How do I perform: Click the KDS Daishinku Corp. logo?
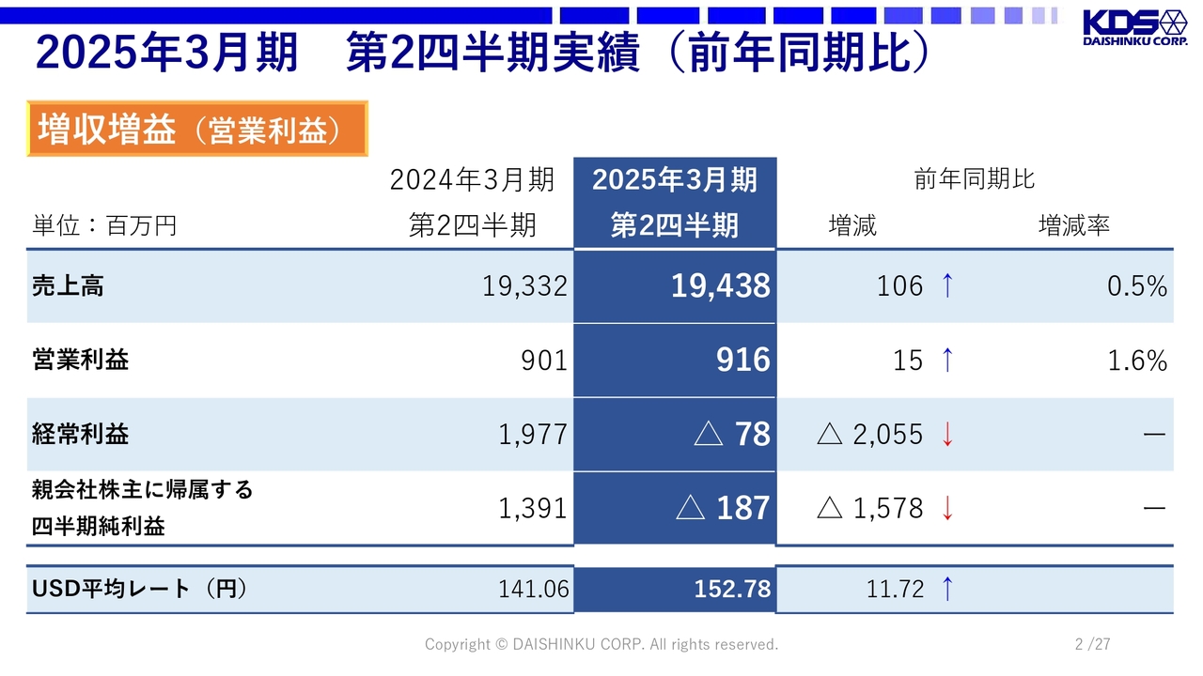point(1134,28)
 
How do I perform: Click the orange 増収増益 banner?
point(196,130)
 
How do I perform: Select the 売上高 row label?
point(68,286)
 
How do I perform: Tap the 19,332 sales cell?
point(524,286)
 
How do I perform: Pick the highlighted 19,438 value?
point(720,286)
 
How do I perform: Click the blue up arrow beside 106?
point(946,286)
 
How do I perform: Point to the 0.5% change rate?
point(1136,286)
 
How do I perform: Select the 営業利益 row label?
point(80,360)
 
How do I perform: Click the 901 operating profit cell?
point(544,361)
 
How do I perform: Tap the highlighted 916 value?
point(742,361)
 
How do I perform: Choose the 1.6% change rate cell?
point(1136,361)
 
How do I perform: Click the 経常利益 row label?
point(80,434)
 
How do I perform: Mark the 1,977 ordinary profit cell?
point(533,434)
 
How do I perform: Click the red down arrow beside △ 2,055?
point(947,434)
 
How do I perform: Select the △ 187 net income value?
point(724,508)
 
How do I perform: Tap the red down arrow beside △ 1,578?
point(947,508)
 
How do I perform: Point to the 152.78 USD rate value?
point(732,589)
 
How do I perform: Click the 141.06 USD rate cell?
point(534,589)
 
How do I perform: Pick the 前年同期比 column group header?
point(975,179)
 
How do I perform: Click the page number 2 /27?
point(1092,644)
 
